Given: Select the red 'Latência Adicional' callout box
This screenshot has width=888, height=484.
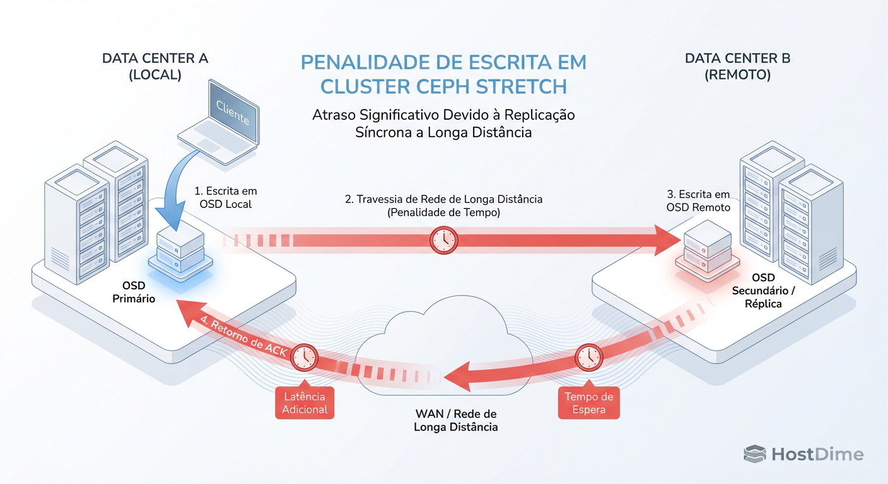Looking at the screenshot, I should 305,403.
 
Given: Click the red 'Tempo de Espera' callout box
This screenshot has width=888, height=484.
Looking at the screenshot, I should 588,403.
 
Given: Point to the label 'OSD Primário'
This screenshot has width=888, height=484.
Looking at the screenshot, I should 134,292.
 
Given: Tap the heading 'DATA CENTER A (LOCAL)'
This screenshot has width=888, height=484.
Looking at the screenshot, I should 155,66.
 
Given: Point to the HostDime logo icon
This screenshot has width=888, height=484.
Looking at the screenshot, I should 754,454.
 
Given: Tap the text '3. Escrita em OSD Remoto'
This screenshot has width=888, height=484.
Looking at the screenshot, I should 698,201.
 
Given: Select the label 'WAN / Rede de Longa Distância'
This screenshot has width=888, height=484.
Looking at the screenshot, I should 455,420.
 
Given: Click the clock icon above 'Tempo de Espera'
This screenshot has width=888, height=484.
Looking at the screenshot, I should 589,357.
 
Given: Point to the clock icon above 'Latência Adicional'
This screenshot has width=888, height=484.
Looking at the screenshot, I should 305,357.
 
